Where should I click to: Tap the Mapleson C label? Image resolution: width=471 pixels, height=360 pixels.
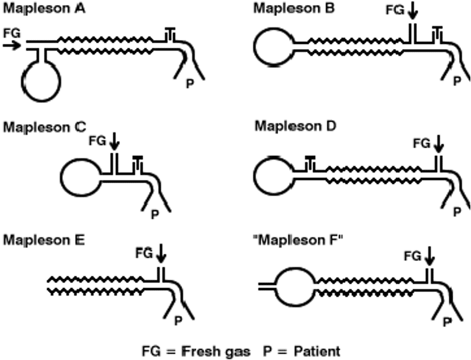[x=44, y=126]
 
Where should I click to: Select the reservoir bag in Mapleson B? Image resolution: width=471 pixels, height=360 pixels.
[x=273, y=47]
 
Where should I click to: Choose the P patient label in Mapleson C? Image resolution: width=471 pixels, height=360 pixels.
[x=154, y=214]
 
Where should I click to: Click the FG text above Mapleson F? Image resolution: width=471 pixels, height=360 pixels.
[x=412, y=256]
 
